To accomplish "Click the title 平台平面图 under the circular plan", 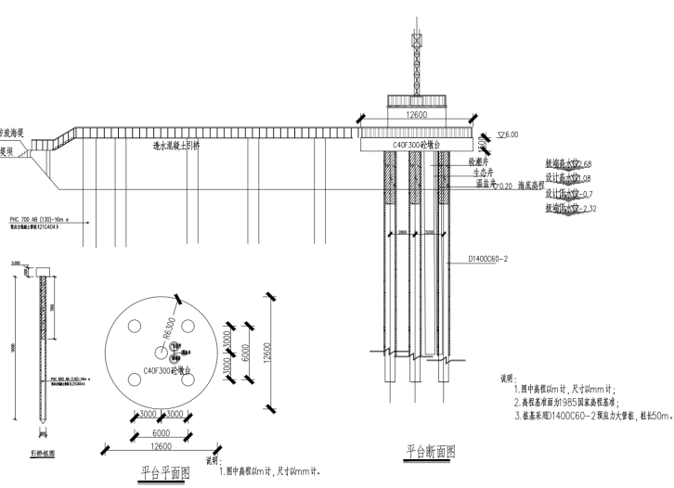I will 164,471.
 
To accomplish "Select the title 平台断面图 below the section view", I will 431,452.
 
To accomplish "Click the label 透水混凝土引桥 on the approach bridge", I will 176,146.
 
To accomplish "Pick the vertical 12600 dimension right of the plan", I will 266,353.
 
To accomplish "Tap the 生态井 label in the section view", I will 482,173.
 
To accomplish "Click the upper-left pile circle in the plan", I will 136,327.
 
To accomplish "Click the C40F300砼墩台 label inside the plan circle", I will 168,370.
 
